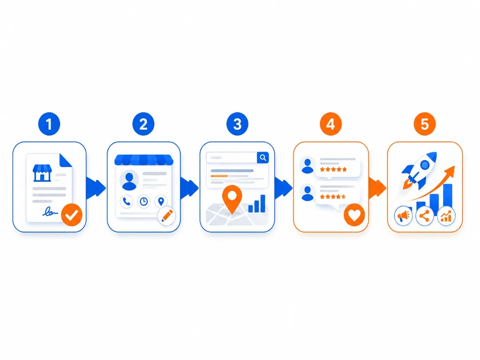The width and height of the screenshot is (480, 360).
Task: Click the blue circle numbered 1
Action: (49, 124)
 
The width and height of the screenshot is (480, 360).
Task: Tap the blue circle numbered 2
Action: (143, 124)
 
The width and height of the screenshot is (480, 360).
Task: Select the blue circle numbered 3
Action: (237, 124)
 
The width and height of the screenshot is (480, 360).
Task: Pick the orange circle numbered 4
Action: (331, 124)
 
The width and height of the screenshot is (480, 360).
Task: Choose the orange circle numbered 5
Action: (425, 124)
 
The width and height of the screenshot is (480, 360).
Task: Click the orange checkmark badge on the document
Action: (72, 215)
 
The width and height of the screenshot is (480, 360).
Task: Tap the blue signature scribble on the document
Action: (50, 212)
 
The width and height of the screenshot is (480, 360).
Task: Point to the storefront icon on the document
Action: (42, 173)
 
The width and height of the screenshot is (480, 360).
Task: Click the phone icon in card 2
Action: (126, 201)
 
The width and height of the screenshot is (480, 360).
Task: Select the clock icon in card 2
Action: (144, 201)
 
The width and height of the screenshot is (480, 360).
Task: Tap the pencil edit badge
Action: (167, 216)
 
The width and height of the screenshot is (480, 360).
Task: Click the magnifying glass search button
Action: (263, 158)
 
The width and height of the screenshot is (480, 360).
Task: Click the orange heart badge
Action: (354, 215)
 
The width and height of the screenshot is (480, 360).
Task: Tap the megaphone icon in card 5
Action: (403, 216)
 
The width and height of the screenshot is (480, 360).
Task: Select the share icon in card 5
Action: (424, 216)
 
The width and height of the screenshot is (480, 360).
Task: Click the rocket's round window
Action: (425, 165)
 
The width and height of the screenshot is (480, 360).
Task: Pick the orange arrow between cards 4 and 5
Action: (377, 188)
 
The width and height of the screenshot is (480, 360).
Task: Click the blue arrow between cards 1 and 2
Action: (96, 188)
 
